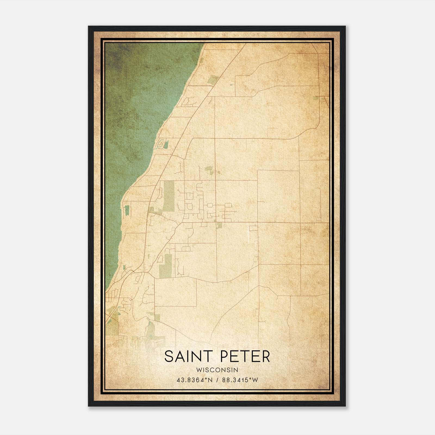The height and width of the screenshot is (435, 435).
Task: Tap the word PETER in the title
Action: click(247, 356)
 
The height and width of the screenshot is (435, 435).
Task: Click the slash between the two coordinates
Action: click(217, 380)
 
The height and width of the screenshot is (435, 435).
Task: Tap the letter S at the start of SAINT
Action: click(169, 356)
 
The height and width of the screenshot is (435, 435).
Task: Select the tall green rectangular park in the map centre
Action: click(169, 196)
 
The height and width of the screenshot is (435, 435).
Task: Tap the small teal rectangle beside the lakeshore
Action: click(127, 210)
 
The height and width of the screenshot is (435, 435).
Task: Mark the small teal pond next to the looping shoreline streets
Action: click(166, 144)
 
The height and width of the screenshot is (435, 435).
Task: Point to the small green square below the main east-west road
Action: click(219, 225)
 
